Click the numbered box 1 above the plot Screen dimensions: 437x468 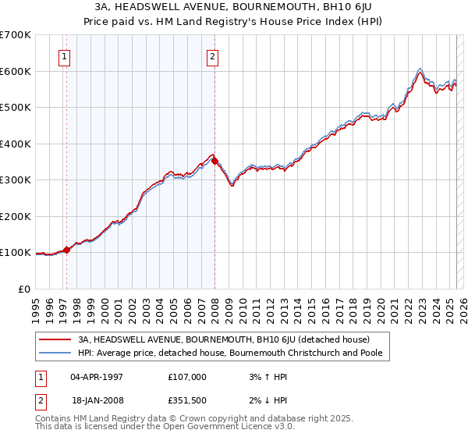(63, 55)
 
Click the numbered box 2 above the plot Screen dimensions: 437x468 (212, 55)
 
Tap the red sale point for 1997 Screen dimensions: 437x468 (66, 250)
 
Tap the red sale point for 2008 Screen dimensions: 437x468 (215, 162)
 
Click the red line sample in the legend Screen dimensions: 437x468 (56, 339)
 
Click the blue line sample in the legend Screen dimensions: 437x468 (56, 353)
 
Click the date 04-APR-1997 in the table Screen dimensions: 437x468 (96, 377)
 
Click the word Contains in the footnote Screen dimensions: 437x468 (54, 420)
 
